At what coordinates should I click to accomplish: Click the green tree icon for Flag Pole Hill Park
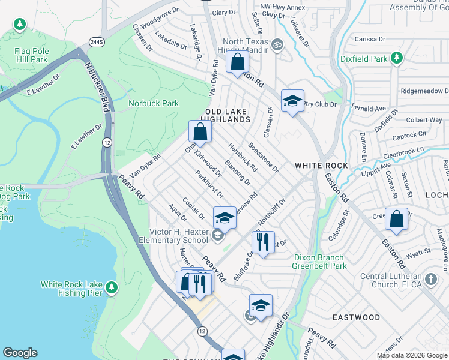(20, 25)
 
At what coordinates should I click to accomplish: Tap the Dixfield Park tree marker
(396, 58)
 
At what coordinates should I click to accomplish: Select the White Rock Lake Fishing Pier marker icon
(111, 289)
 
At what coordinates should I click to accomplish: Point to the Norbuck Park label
(154, 104)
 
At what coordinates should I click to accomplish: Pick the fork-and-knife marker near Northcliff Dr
(262, 242)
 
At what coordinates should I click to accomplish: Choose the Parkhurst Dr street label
(209, 185)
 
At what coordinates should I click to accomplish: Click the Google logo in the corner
(20, 353)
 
